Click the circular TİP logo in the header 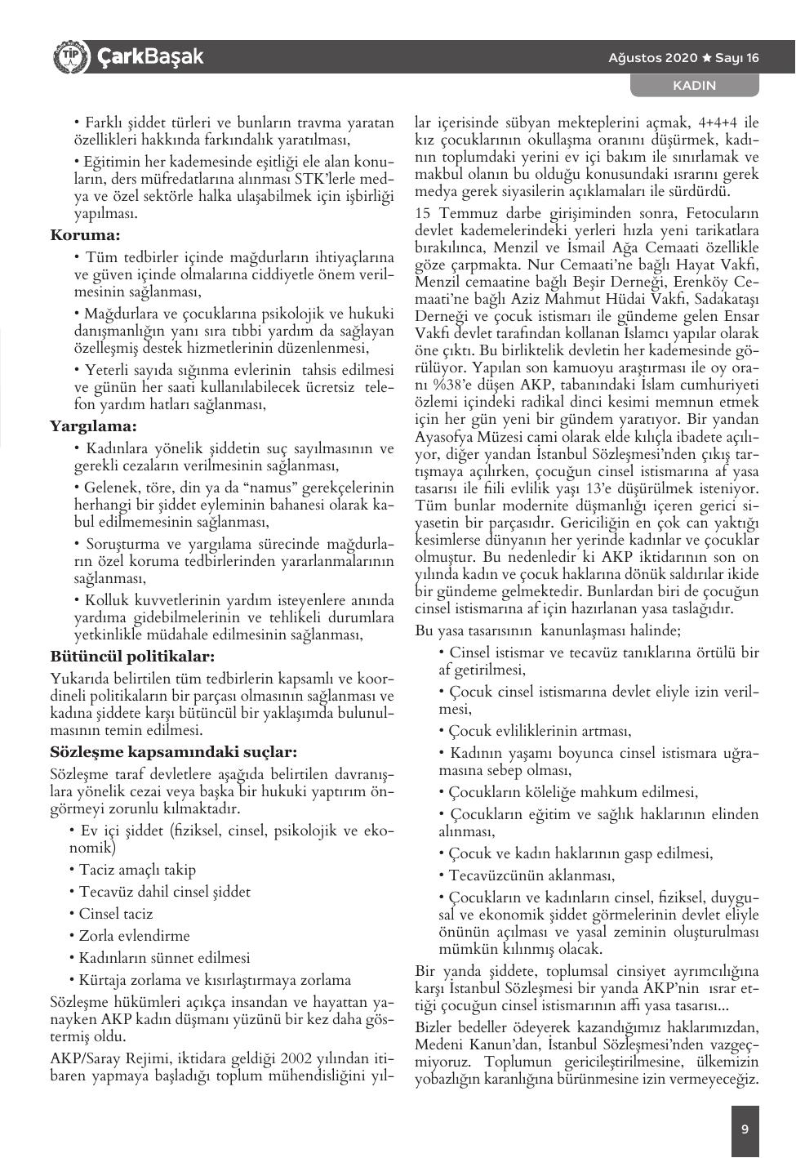69,56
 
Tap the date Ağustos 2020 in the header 652,58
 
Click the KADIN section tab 694,85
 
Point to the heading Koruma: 85,236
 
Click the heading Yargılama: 93,425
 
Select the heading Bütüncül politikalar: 132,656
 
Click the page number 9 745,1129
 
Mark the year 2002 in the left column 296,1059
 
